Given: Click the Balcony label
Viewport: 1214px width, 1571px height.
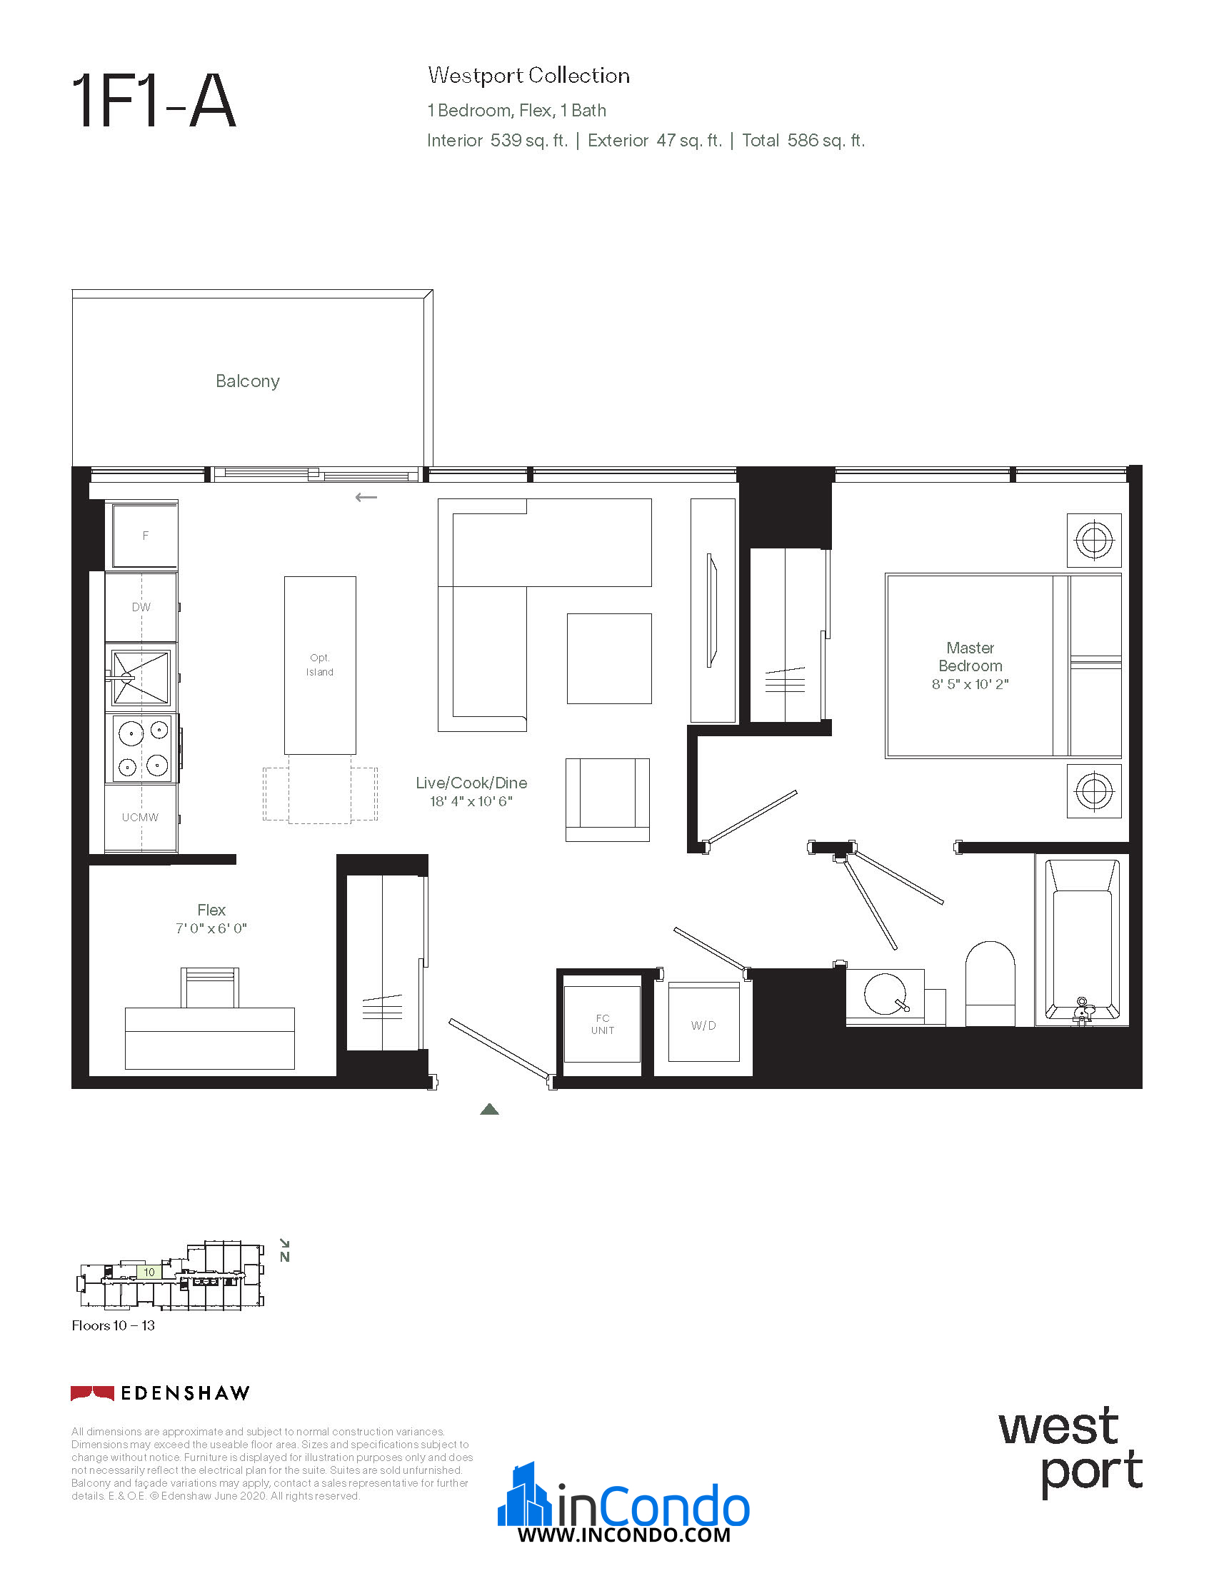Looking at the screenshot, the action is pos(247,381).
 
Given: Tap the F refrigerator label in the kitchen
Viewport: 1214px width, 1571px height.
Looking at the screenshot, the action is pos(145,536).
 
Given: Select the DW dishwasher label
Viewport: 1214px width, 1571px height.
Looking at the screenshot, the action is pos(141,607).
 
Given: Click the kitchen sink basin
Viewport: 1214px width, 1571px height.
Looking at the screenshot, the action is pos(141,677).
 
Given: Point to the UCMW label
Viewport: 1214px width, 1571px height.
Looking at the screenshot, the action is pos(140,817).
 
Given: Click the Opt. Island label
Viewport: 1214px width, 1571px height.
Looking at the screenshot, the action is pos(320,665).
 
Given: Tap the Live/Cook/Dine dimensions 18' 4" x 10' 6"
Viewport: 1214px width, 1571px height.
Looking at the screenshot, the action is pos(471,801).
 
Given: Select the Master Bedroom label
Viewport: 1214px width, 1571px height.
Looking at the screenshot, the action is pos(970,657).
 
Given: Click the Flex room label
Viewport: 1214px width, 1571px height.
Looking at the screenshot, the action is pos(211,910).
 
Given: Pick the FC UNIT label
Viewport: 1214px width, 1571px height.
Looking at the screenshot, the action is pos(603,1024).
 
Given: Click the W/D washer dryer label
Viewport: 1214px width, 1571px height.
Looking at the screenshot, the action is pos(703,1025).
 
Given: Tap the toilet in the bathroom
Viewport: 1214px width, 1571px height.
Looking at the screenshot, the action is pos(990,983).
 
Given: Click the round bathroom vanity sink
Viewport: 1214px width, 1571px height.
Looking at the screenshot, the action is pos(886,993).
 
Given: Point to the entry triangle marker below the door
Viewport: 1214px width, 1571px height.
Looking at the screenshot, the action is pos(489,1109).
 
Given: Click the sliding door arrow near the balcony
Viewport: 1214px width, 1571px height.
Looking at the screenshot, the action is pos(366,497).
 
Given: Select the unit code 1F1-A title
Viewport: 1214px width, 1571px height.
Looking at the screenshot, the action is pos(154,101).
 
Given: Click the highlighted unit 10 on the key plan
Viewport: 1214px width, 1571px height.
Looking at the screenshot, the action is pos(149,1273).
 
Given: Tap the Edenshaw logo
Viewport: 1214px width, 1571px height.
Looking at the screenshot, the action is pos(161,1393).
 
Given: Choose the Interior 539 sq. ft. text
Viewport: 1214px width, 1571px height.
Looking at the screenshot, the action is pos(497,140).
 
